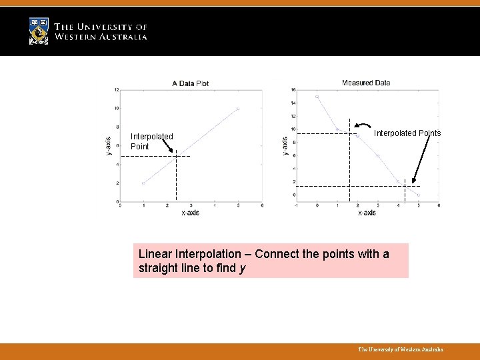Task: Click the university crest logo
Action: pos(39,31)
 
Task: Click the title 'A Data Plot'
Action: pos(191,83)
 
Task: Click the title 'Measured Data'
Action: pos(366,83)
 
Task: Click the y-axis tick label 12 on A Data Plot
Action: pos(117,89)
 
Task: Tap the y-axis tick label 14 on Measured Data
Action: pos(293,103)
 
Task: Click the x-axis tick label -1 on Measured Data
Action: pos(296,205)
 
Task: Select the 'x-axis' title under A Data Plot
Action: pos(190,213)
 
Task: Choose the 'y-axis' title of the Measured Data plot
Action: pos(285,146)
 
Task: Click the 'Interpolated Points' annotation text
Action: pos(407,133)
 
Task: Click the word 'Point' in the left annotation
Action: pos(140,147)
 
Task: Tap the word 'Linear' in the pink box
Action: pos(154,254)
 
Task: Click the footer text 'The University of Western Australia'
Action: pos(400,349)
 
